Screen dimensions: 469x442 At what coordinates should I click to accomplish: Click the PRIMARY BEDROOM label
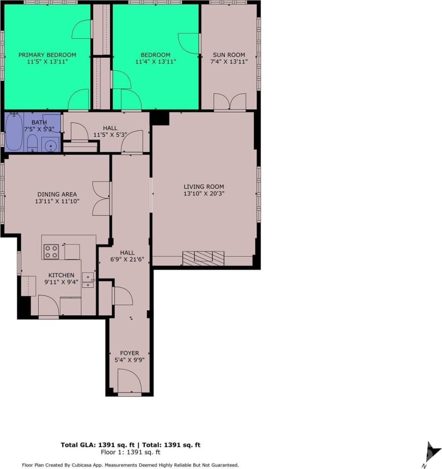pos(47,55)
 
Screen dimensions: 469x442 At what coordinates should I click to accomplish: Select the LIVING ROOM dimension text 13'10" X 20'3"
pos(204,193)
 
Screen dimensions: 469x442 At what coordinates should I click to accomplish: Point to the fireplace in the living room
pos(203,258)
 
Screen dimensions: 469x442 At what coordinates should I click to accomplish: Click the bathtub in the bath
pos(14,132)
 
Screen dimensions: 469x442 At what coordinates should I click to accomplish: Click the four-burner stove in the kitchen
pos(51,251)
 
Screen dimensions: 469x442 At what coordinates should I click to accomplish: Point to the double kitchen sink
pos(88,280)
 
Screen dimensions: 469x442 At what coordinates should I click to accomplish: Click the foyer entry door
pos(129,383)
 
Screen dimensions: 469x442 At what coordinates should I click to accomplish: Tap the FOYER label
pos(129,353)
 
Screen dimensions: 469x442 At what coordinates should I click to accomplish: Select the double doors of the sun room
pos(229,102)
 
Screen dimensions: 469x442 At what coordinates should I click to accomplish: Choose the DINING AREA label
pos(57,194)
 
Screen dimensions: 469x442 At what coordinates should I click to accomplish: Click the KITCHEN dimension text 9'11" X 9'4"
pos(61,282)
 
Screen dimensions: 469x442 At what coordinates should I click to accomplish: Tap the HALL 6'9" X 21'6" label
pos(127,256)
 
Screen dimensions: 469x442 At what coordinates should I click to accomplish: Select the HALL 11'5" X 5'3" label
pos(110,132)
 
